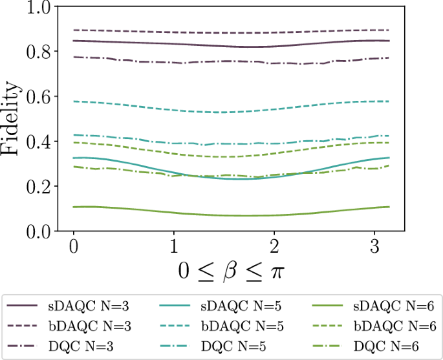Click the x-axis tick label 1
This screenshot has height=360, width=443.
coord(173,246)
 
